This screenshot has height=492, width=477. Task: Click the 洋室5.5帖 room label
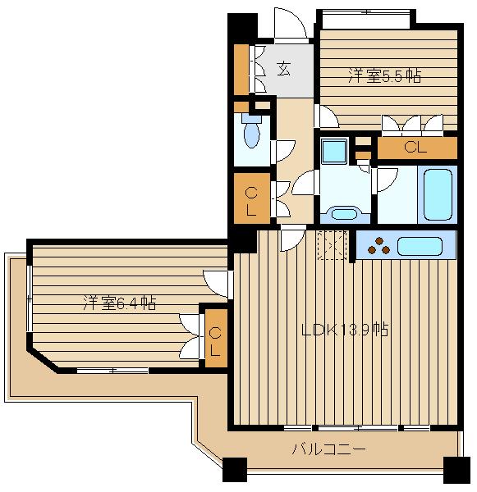pyautogui.click(x=384, y=76)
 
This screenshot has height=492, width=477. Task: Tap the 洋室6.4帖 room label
pyautogui.click(x=119, y=303)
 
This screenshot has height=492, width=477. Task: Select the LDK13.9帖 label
pyautogui.click(x=345, y=330)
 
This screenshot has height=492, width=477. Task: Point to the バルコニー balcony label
pyautogui.click(x=328, y=449)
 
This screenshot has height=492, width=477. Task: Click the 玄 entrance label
pyautogui.click(x=283, y=69)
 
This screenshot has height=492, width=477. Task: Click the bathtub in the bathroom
pyautogui.click(x=437, y=195)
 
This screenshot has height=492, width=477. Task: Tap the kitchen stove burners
pyautogui.click(x=378, y=244)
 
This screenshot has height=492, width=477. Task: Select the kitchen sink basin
pyautogui.click(x=425, y=244)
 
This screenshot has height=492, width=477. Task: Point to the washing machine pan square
pyautogui.click(x=334, y=151)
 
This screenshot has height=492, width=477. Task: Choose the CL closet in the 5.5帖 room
pyautogui.click(x=416, y=148)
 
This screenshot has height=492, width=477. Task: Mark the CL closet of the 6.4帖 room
pyautogui.click(x=215, y=342)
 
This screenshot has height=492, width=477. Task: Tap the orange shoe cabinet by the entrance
pyautogui.click(x=241, y=69)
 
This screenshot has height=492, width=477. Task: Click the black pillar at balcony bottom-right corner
pyautogui.click(x=456, y=470)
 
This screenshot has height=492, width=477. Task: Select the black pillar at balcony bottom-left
pyautogui.click(x=234, y=470)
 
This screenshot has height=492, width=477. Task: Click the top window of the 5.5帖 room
pyautogui.click(x=366, y=12)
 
